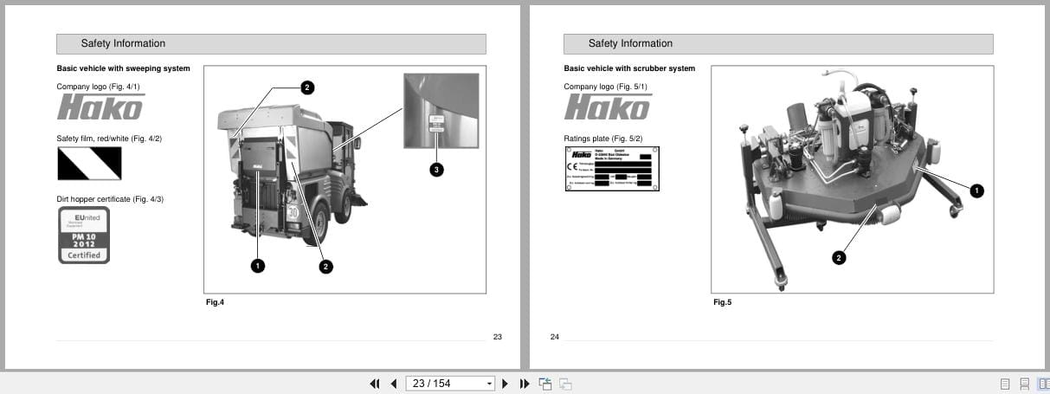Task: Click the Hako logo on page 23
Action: coord(100,107)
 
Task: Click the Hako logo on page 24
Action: coord(607,107)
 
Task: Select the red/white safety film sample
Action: coord(89,163)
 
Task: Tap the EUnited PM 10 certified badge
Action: coord(84,235)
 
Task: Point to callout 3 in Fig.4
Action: coord(437,170)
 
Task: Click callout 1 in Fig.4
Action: coord(257,266)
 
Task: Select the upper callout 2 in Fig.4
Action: coord(307,87)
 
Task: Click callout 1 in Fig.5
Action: coord(976,191)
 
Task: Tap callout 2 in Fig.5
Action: coord(838,257)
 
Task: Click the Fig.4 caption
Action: coord(215,302)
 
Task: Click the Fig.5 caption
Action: coord(722,302)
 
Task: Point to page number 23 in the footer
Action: coord(497,337)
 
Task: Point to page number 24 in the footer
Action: coord(554,337)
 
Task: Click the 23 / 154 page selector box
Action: coord(449,384)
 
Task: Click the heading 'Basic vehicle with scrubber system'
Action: coord(628,68)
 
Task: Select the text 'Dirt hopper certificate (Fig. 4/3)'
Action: coord(110,199)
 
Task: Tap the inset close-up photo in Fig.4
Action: coord(441,111)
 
